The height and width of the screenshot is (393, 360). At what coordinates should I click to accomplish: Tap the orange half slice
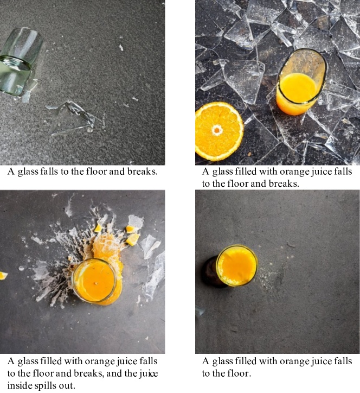[218, 131]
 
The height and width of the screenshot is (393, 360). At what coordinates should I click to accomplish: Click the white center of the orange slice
[217, 130]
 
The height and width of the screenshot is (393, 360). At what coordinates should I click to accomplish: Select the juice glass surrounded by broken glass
[301, 82]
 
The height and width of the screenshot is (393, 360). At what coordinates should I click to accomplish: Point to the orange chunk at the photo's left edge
[3, 276]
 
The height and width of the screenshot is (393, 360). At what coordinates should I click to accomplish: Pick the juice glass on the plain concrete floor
[236, 265]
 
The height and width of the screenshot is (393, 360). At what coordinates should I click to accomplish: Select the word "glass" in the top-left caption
[28, 172]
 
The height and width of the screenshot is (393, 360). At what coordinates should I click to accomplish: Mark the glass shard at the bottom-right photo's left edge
[200, 310]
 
